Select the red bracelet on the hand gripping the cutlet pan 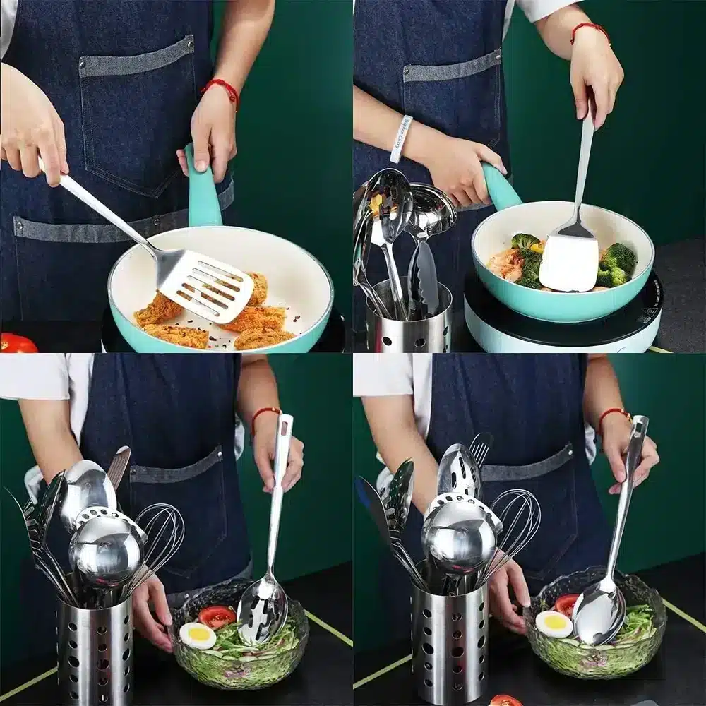click(221, 90)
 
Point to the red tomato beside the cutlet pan click(17, 344)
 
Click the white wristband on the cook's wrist click(401, 139)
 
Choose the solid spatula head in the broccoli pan click(569, 262)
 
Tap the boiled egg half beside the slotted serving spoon click(197, 635)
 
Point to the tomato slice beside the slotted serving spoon click(216, 616)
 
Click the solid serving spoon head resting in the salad click(598, 612)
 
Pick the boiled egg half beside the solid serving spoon click(553, 623)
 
